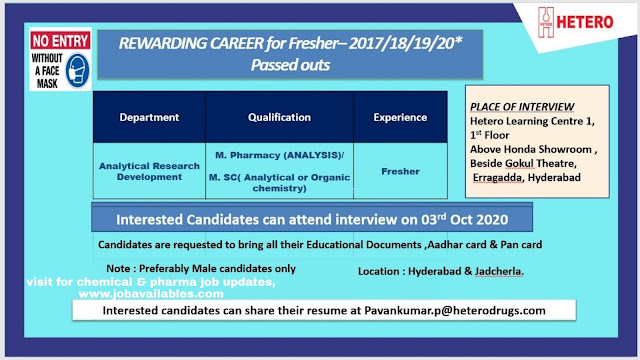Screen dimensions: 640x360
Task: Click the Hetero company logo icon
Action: pos(546,22)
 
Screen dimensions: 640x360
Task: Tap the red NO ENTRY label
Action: pos(60,41)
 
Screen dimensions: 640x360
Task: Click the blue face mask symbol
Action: pos(78,71)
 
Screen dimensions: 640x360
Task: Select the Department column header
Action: pos(149,118)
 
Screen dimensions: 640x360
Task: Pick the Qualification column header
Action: pos(279,118)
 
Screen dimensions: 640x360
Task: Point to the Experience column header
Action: pos(400,118)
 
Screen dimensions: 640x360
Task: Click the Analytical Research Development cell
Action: pos(149,171)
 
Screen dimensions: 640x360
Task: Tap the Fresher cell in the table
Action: pos(400,171)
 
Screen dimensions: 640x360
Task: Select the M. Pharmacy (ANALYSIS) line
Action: pos(280,156)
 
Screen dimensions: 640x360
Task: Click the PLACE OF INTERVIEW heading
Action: pos(522,107)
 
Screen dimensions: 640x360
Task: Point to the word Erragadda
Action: pos(498,178)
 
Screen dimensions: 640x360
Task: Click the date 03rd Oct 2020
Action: pos(464,219)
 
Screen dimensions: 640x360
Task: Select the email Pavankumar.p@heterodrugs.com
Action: pos(455,311)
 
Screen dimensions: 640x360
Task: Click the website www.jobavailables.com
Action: pos(151,294)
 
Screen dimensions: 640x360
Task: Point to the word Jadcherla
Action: pos(499,271)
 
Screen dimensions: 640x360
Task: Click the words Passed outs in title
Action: pos(290,65)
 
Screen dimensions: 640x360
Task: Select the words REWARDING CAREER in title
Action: pos(191,43)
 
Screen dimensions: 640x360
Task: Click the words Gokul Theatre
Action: pos(540,163)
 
